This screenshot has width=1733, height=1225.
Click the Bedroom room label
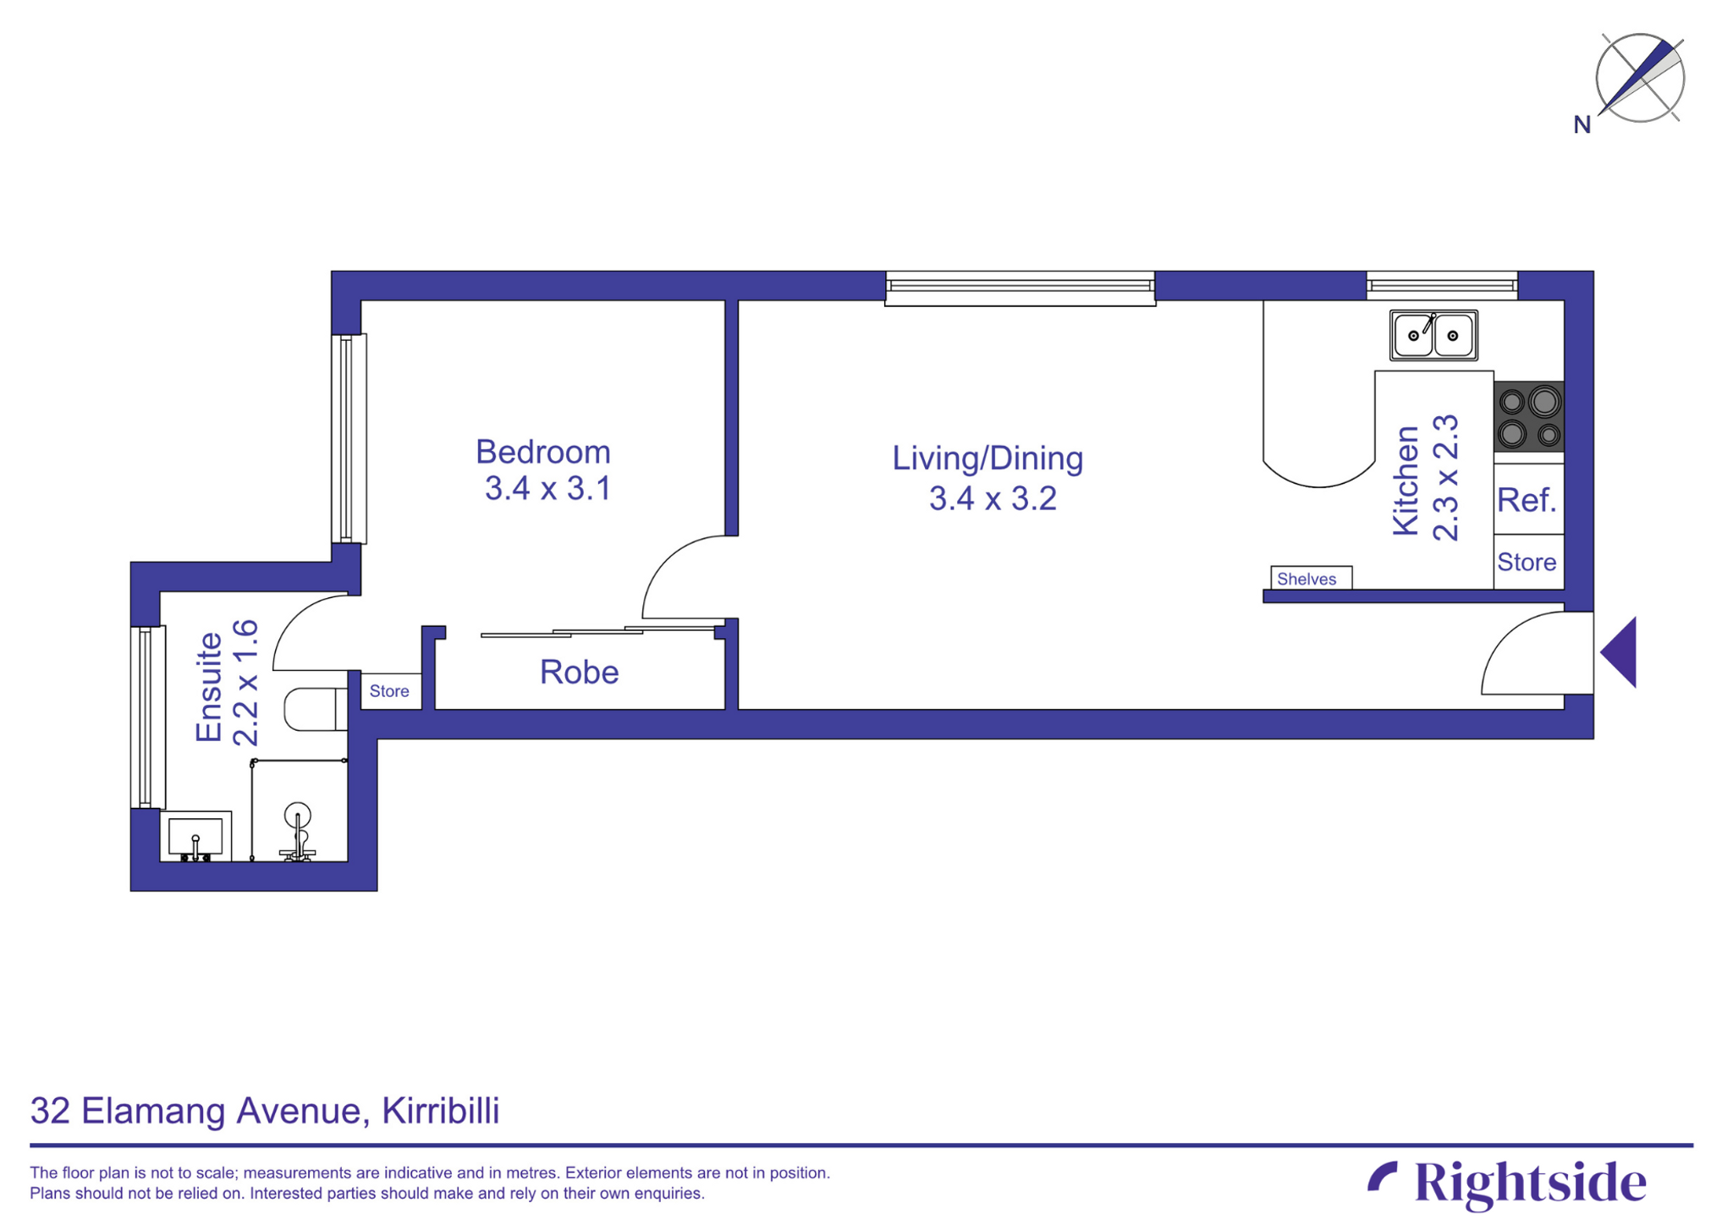[542, 452]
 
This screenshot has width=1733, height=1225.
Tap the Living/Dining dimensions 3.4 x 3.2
[992, 498]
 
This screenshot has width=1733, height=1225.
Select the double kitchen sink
[1433, 335]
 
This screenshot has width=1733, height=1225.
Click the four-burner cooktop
[1528, 416]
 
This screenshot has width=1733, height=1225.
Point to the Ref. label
[1527, 500]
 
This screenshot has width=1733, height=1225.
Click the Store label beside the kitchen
[1527, 562]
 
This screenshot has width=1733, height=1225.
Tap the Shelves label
[1307, 579]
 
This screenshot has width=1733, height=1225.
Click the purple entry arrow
[1620, 651]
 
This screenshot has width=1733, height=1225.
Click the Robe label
[579, 672]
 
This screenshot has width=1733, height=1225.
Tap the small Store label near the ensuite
[389, 691]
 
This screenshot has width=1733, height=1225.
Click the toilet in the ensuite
[313, 709]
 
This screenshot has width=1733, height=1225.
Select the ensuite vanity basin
[195, 838]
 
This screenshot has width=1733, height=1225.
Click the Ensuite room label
[208, 687]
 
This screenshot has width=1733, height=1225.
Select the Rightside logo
[1507, 1182]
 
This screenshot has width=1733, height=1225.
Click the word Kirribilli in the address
[440, 1110]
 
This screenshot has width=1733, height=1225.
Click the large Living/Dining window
[1020, 288]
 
